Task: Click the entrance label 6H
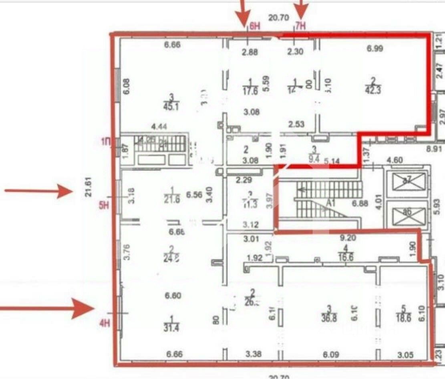255,26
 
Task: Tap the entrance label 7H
300,26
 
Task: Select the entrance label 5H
104,206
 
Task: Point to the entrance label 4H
104,323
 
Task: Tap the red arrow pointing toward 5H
38,191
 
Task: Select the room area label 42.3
373,90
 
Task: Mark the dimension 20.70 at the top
278,17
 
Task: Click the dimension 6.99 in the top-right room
375,49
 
